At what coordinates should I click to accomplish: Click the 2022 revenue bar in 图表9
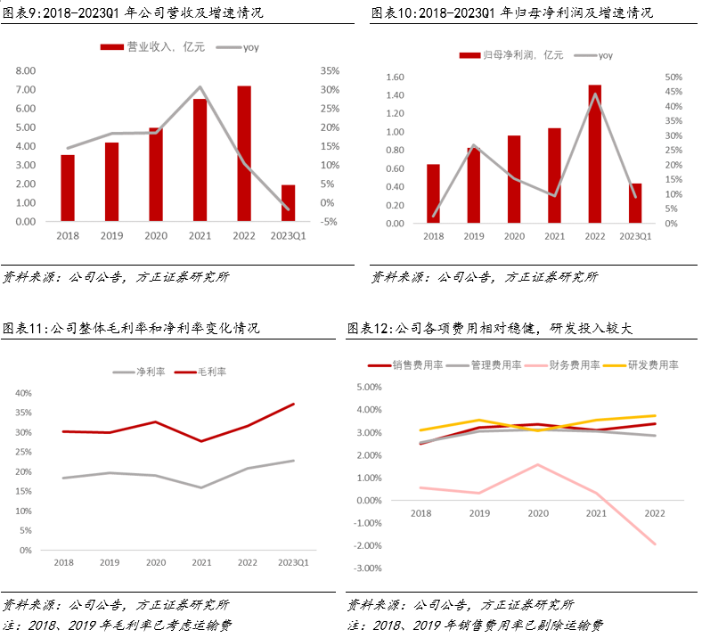(x=243, y=153)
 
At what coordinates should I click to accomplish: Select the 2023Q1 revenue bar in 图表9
(x=288, y=203)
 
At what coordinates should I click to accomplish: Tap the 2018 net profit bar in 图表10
(x=433, y=193)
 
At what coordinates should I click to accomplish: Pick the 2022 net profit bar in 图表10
(x=594, y=154)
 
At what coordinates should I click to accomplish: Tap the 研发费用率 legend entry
(x=653, y=364)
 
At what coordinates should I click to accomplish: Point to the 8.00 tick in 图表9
(x=26, y=70)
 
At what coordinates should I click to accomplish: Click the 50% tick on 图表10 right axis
(x=673, y=78)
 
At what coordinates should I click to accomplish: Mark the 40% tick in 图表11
(x=22, y=393)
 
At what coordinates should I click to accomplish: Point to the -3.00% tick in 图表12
(x=368, y=568)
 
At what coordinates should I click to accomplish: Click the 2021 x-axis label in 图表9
(x=200, y=235)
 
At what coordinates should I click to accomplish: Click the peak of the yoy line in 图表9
(x=200, y=87)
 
